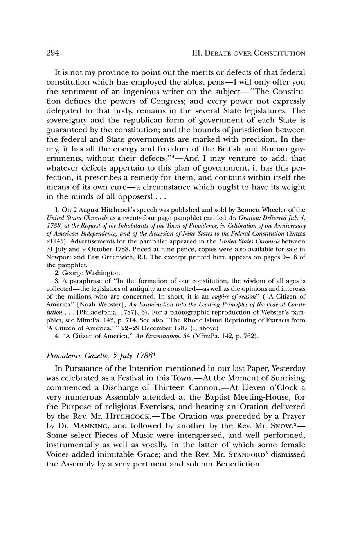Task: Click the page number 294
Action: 52,53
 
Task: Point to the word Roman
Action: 266,149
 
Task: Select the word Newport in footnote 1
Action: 58,257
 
